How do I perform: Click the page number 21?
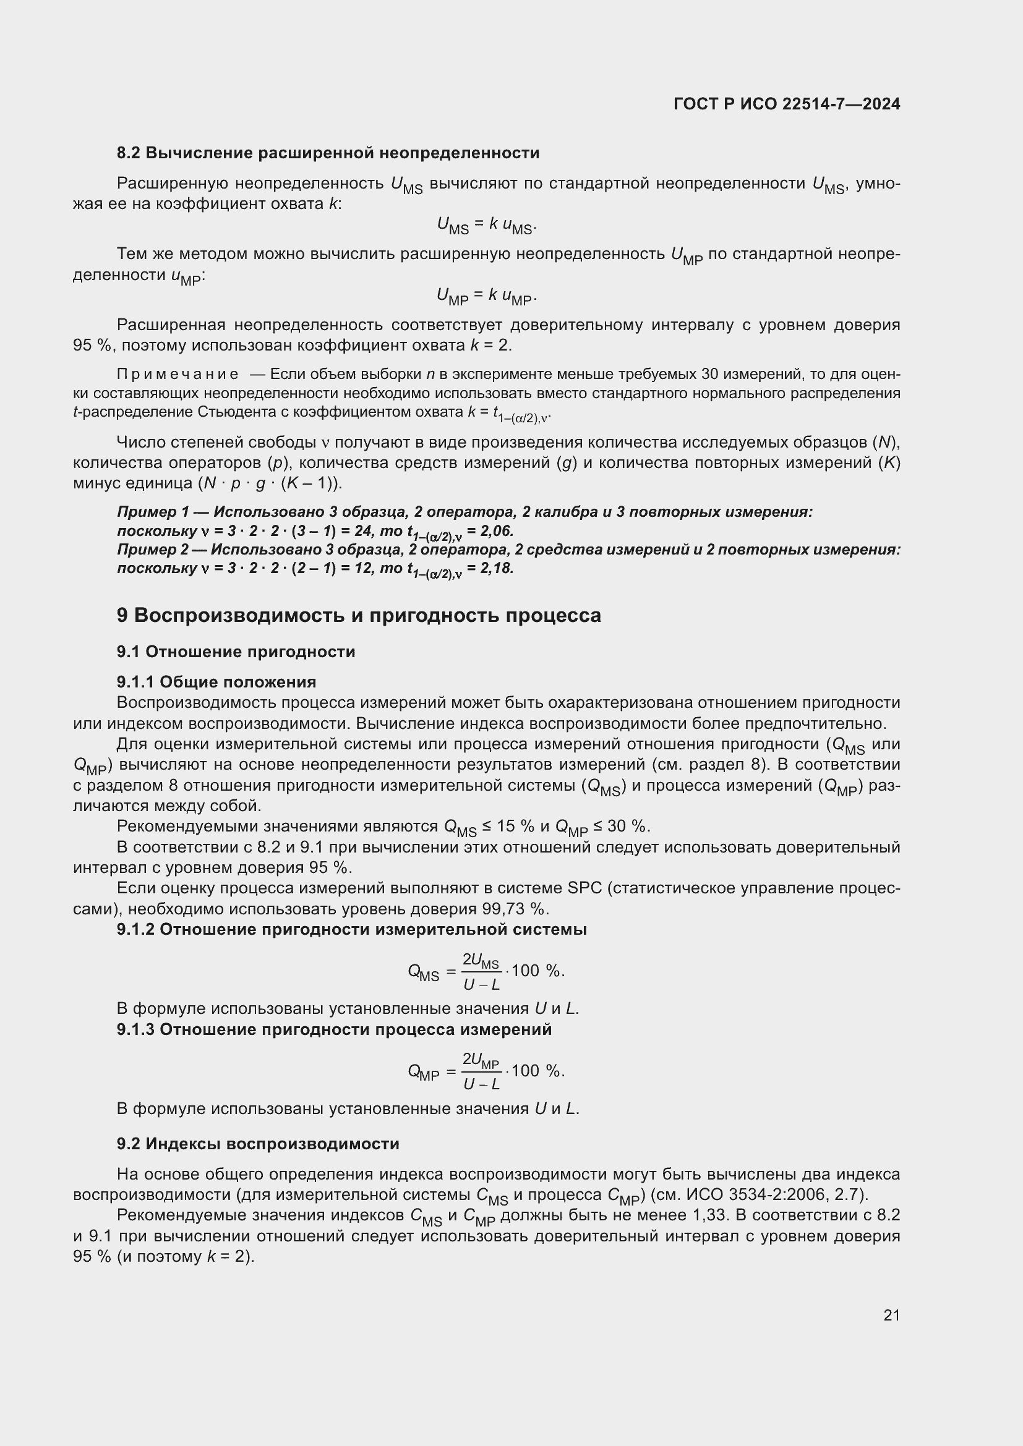pos(891,1315)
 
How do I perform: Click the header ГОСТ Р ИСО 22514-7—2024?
pos(787,104)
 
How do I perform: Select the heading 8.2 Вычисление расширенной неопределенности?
pos(328,153)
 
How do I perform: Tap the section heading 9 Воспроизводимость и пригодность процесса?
pos(359,615)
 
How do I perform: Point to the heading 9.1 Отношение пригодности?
pos(236,652)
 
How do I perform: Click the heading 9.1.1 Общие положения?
pos(216,682)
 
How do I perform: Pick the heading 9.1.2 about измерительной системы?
pos(351,930)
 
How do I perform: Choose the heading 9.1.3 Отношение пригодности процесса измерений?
pos(334,1030)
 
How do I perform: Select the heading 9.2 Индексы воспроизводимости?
pos(258,1144)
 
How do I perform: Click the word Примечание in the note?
pos(178,375)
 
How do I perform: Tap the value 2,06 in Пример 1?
pos(497,531)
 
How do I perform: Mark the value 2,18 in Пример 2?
pos(497,568)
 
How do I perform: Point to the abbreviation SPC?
pos(585,888)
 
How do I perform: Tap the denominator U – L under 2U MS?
pos(481,984)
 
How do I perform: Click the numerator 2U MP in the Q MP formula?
pos(481,1061)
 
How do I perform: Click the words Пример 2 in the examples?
pos(153,550)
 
